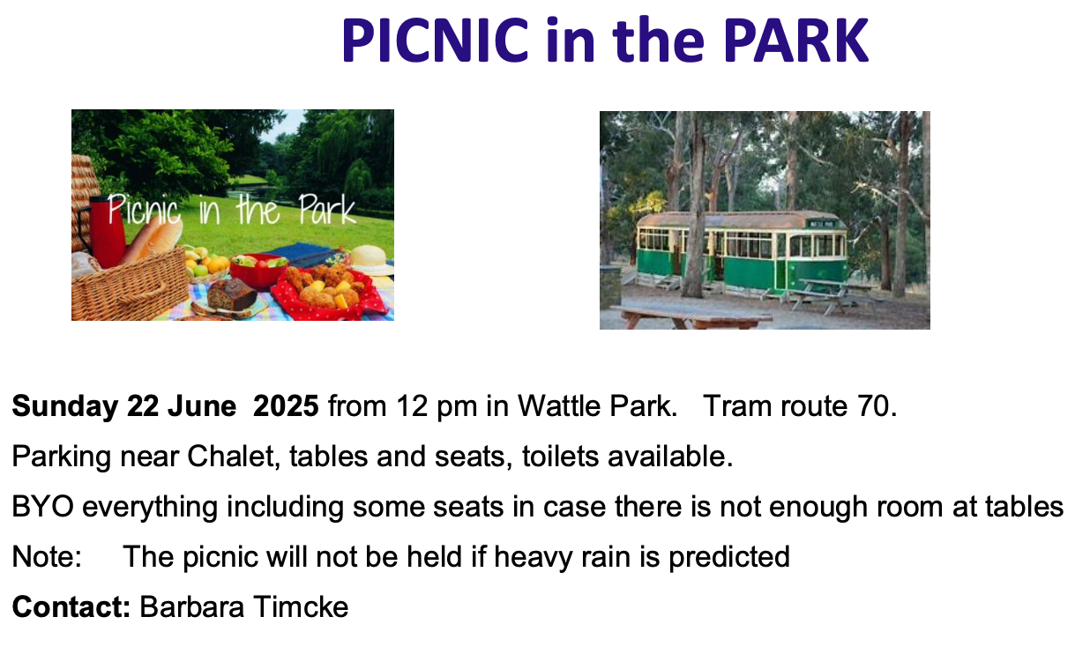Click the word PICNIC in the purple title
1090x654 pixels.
click(436, 40)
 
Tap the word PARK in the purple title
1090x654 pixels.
click(796, 40)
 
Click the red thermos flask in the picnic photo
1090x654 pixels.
click(106, 232)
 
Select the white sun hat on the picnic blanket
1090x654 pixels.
click(371, 260)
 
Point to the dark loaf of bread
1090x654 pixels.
click(232, 294)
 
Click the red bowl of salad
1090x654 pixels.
click(258, 271)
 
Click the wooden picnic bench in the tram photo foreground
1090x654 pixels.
click(691, 317)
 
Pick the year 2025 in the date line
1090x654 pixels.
click(286, 405)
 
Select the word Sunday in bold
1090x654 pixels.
click(65, 406)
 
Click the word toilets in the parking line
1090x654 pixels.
click(560, 456)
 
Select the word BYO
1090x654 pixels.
click(43, 507)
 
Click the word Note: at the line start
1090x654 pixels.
click(47, 557)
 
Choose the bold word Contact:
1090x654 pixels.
click(71, 606)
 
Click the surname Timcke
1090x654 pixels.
click(301, 606)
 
